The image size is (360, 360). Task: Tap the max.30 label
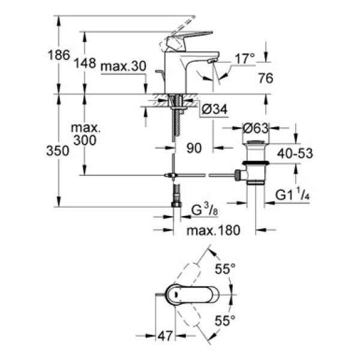(123, 67)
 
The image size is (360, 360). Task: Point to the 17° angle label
(244, 58)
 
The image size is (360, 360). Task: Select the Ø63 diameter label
(255, 127)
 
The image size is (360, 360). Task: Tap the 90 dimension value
(194, 148)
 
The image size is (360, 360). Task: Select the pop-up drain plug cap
(256, 145)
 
